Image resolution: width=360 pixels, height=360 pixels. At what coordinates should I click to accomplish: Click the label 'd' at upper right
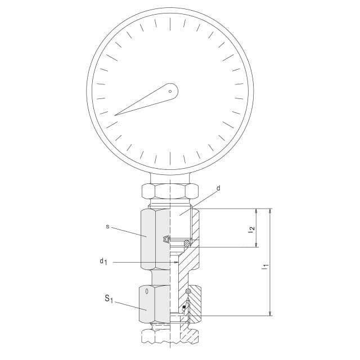point(218,188)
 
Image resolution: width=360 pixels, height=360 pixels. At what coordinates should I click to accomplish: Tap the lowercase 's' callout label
point(107,227)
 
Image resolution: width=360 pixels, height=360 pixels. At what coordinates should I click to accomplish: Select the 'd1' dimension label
point(103,262)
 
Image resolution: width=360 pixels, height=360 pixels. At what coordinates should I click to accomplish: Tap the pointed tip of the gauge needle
point(116,115)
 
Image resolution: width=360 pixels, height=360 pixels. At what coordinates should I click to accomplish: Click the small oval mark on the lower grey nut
point(147,291)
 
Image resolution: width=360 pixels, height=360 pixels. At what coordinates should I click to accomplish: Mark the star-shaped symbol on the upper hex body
point(166,240)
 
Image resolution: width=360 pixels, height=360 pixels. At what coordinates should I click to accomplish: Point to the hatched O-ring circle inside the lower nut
point(188,291)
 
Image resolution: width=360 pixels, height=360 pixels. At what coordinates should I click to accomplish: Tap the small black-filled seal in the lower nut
point(183,307)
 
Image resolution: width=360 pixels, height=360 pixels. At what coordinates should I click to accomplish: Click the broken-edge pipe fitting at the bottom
point(169,336)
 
